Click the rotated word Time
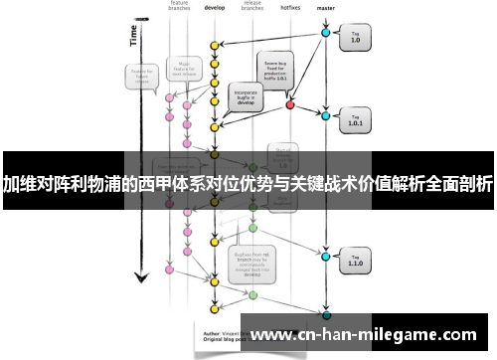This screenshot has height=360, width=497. point(133,36)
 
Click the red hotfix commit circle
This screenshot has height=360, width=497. point(290,103)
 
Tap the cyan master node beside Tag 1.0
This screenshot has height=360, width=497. point(325,33)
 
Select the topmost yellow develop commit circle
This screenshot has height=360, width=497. point(213,46)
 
